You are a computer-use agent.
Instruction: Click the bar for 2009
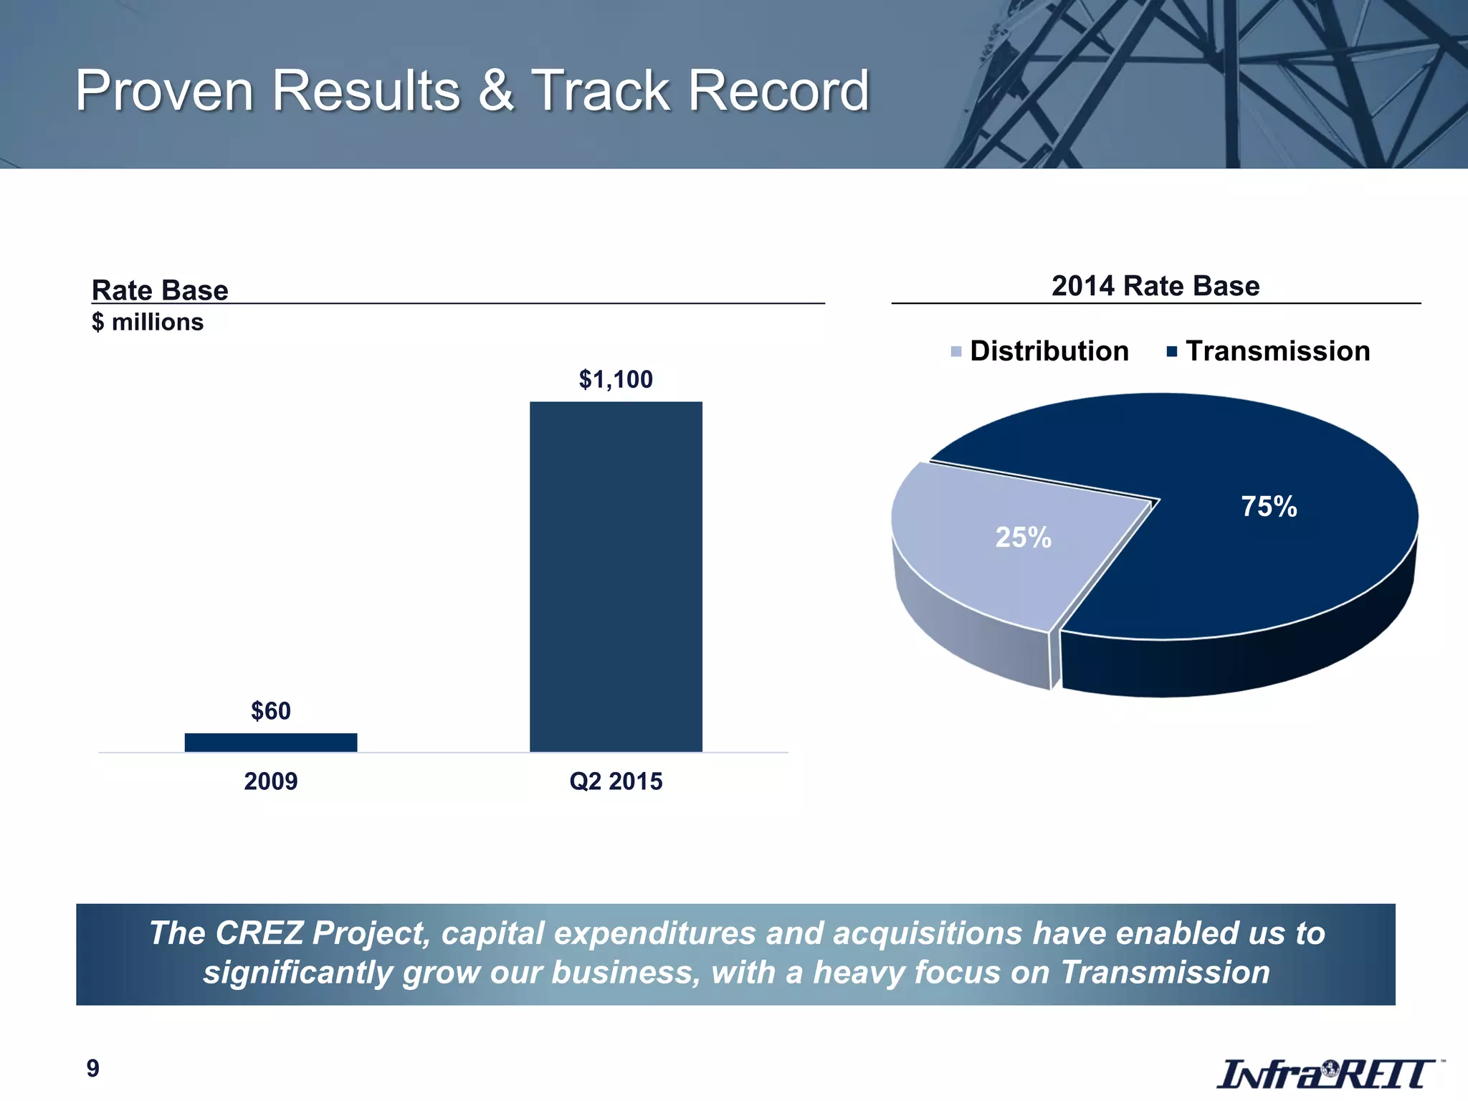coord(271,742)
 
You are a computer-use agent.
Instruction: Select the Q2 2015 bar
coord(616,576)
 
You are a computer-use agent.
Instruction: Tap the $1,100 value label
coord(616,379)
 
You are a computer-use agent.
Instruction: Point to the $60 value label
coord(271,711)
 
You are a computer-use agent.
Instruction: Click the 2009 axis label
coord(271,781)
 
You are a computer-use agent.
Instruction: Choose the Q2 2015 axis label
coord(616,781)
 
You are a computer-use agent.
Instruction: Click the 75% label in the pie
coord(1269,507)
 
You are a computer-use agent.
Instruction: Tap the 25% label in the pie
coord(1023,538)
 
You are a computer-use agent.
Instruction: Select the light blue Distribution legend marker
coord(956,352)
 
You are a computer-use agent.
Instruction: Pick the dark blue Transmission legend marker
coord(1172,351)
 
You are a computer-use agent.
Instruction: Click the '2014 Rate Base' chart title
coord(1155,286)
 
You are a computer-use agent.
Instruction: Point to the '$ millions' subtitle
coord(148,323)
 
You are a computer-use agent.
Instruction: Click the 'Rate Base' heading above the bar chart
coord(160,290)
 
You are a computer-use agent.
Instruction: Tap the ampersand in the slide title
coord(495,91)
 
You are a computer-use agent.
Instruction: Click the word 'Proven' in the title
coord(164,91)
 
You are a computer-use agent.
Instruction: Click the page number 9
coord(93,1068)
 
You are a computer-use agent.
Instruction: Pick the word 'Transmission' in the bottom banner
coord(1165,973)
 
